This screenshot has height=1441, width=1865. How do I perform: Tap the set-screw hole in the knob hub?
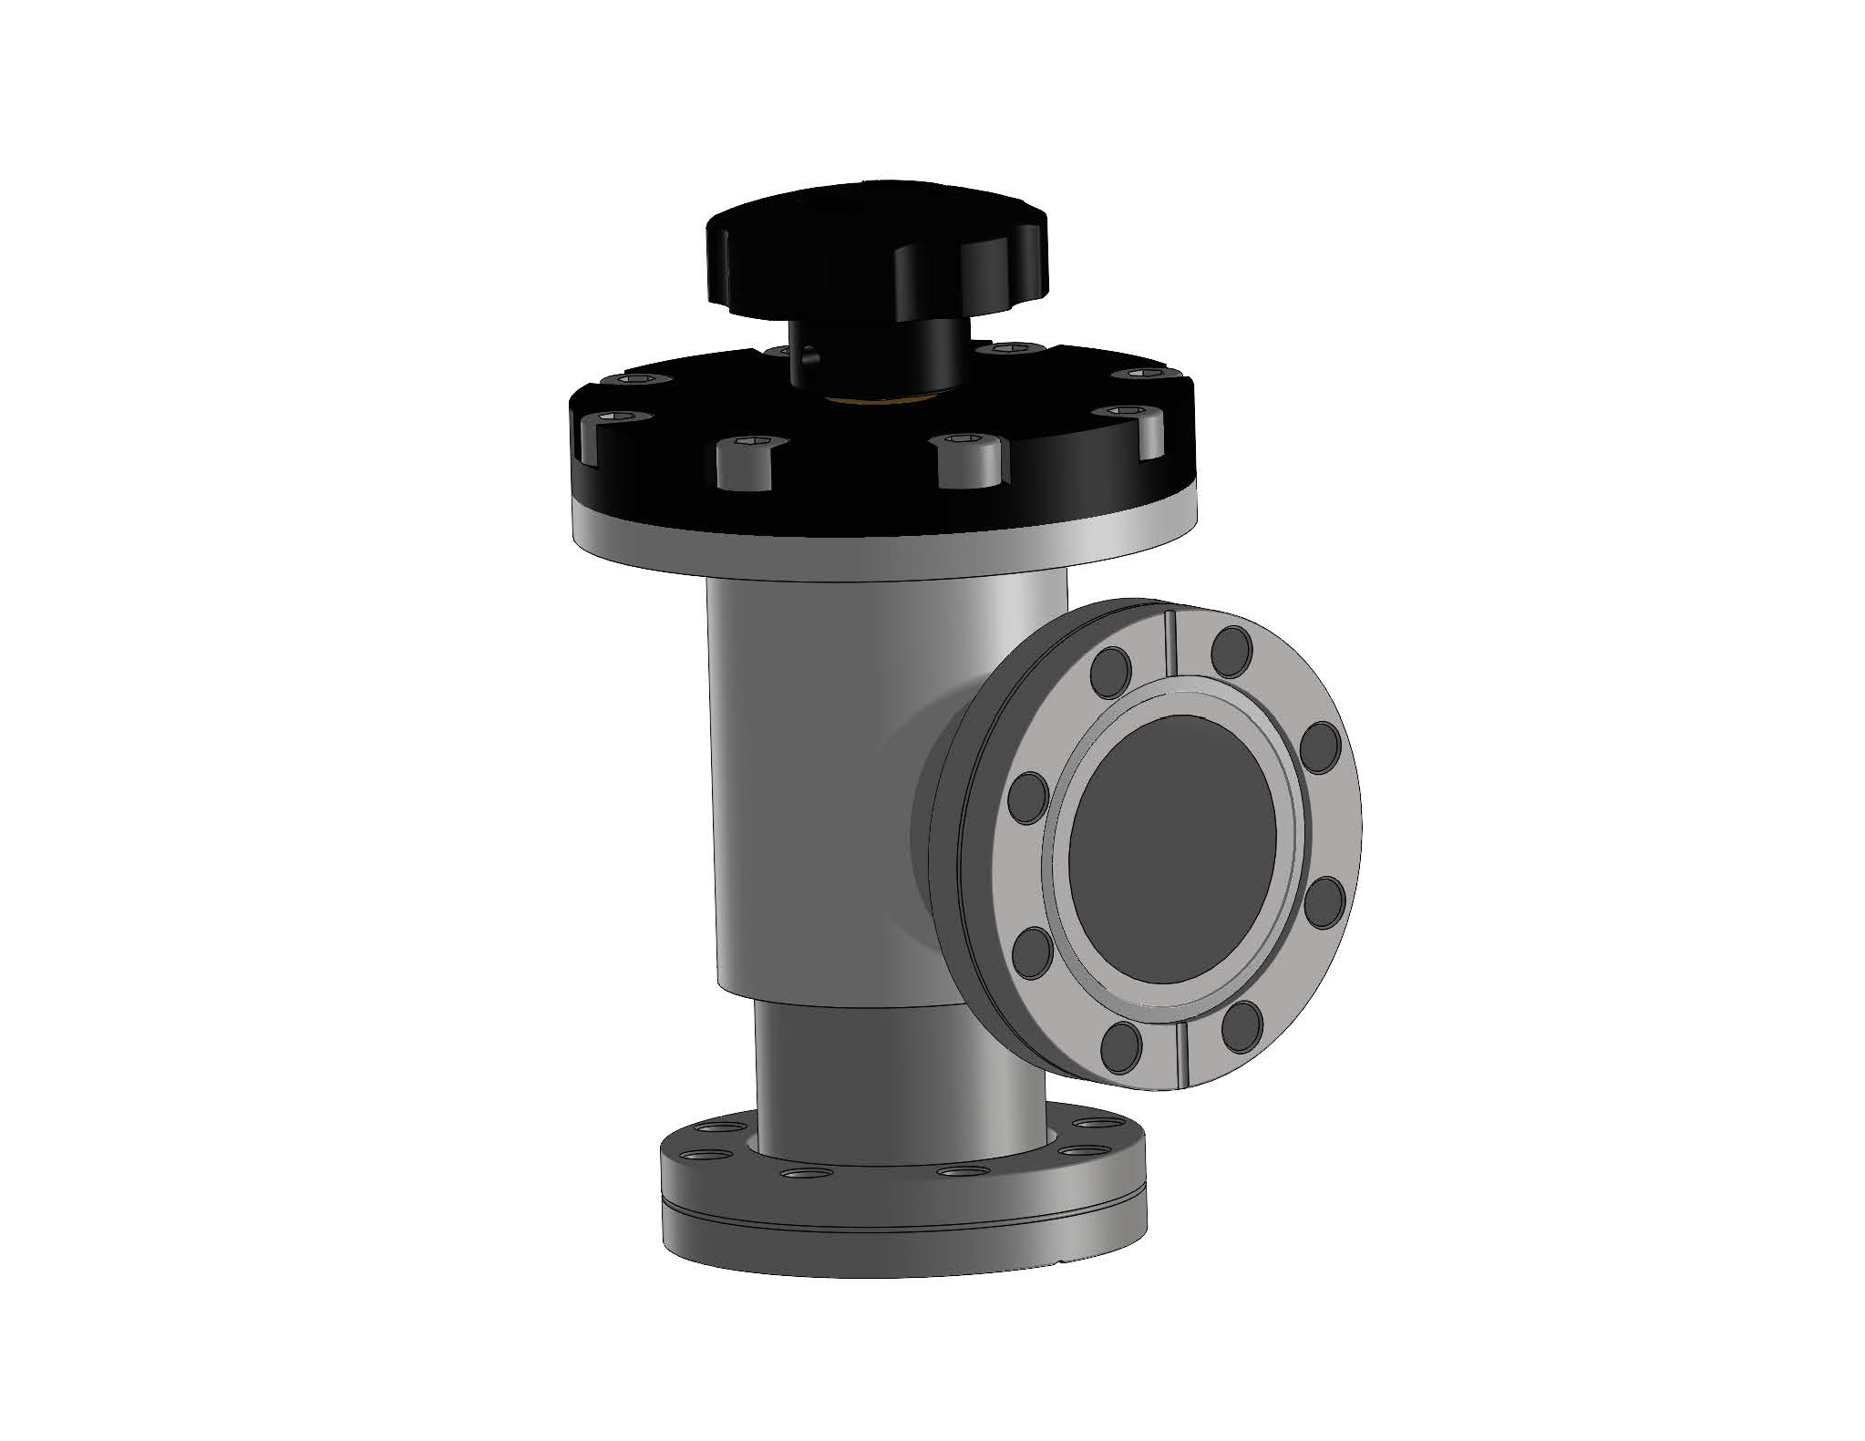[807, 365]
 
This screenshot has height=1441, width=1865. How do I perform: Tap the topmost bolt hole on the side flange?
[1231, 646]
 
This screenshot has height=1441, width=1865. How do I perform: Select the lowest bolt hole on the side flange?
[1122, 1048]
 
